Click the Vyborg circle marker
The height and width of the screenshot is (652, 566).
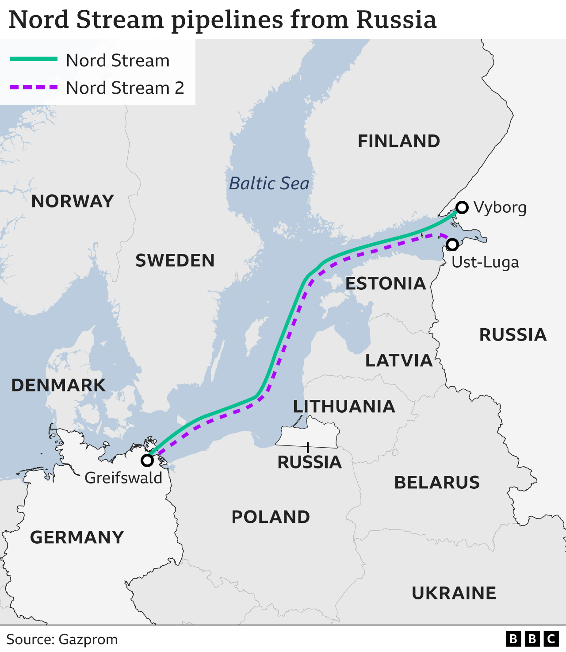point(462,207)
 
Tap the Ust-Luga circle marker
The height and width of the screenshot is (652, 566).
point(452,244)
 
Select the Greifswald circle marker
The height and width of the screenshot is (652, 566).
point(147,460)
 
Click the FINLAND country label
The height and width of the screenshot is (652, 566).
point(399,141)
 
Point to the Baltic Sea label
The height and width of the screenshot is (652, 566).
point(269,184)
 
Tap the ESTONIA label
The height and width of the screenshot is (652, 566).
point(386,284)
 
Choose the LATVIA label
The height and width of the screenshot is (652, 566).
point(399,361)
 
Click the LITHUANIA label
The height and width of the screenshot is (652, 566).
point(344,407)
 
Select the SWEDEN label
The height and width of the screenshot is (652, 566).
point(175,261)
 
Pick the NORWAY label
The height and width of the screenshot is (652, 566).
point(73,201)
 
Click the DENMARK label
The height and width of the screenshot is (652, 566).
point(58,385)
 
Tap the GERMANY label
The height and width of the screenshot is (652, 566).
point(77,537)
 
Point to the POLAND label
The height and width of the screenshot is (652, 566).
point(271,517)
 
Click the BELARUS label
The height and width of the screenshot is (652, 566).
point(437,483)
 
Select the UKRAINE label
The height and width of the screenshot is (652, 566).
point(454,593)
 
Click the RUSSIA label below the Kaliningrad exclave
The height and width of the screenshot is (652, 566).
point(310,462)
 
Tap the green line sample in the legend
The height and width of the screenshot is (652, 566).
point(34,59)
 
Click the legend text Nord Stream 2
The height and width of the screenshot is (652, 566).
point(125,88)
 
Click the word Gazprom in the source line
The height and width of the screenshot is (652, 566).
point(88,640)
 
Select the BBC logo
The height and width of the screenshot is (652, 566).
point(532,639)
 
